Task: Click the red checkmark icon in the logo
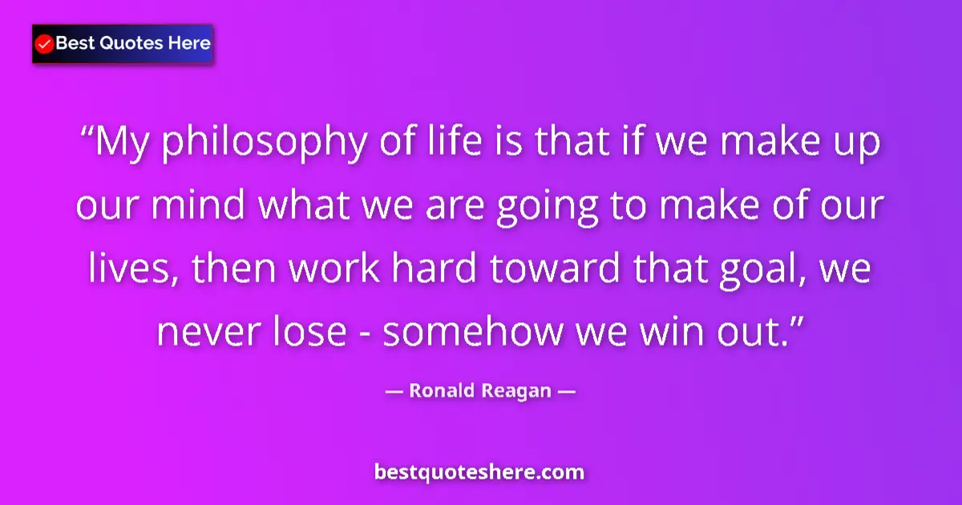45,44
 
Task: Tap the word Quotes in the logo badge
131,43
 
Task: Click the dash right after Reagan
567,391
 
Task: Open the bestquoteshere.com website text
479,472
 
